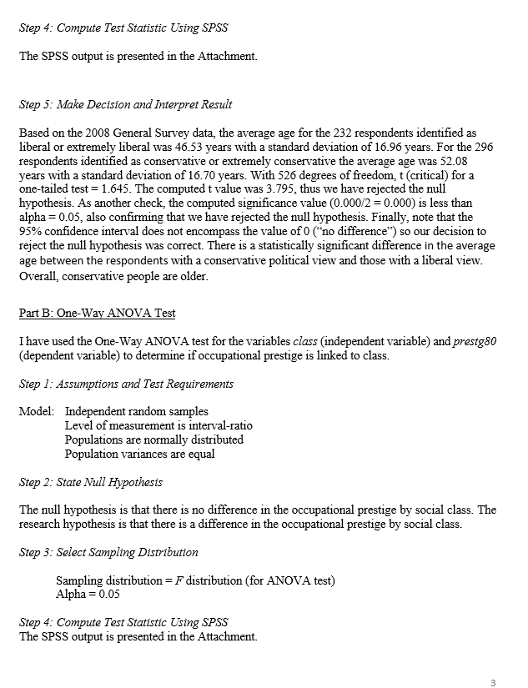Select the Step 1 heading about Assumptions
126,384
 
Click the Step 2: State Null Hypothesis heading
91,482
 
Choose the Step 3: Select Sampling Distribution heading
108,552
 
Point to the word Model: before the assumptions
37,412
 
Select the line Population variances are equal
139,454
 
